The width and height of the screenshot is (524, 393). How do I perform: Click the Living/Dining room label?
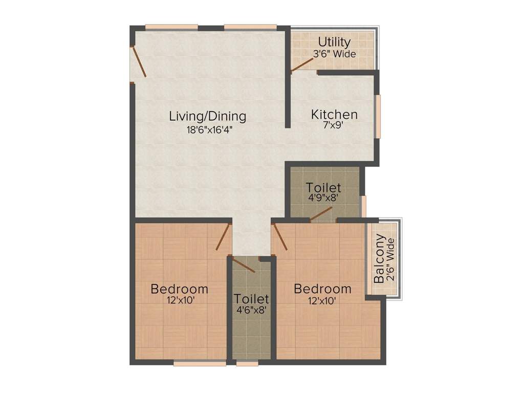pyautogui.click(x=207, y=116)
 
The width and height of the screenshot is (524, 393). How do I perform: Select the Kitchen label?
pyautogui.click(x=334, y=115)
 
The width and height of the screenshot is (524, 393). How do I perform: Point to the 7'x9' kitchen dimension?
pyautogui.click(x=334, y=126)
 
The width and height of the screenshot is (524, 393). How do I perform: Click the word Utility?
pyautogui.click(x=334, y=42)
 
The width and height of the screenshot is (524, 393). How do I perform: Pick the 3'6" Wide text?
pyautogui.click(x=335, y=53)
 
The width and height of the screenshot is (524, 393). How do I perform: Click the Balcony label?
pyautogui.click(x=379, y=258)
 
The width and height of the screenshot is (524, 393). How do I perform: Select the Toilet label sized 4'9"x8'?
pyautogui.click(x=323, y=188)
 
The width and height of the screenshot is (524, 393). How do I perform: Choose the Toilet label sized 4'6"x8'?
pyautogui.click(x=252, y=298)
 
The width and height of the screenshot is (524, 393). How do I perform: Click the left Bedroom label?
pyautogui.click(x=179, y=289)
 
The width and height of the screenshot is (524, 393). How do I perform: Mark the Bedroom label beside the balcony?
pyautogui.click(x=322, y=289)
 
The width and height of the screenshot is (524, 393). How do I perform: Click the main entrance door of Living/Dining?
pyautogui.click(x=139, y=62)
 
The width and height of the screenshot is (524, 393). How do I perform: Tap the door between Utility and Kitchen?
pyautogui.click(x=303, y=64)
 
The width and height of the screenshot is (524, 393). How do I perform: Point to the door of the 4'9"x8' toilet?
pyautogui.click(x=321, y=214)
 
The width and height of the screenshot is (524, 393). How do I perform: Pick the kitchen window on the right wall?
pyautogui.click(x=378, y=116)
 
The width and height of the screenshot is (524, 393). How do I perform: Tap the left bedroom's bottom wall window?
pyautogui.click(x=200, y=363)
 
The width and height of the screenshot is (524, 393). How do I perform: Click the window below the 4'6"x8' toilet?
pyautogui.click(x=247, y=363)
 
